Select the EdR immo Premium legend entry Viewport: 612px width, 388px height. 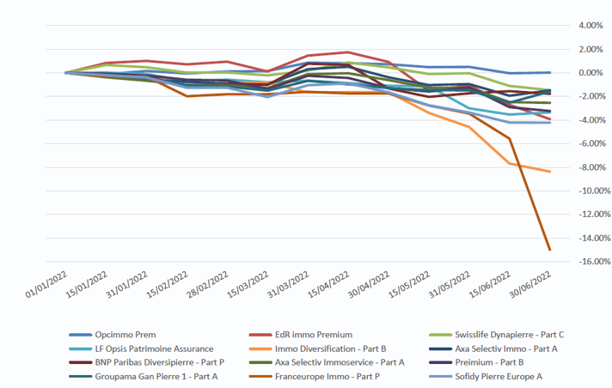coord(316,333)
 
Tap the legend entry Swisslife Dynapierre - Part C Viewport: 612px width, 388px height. coord(506,333)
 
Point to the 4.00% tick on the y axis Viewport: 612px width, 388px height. coord(591,26)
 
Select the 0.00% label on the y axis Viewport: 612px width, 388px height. coord(591,73)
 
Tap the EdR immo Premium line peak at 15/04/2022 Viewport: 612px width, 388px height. coord(348,52)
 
